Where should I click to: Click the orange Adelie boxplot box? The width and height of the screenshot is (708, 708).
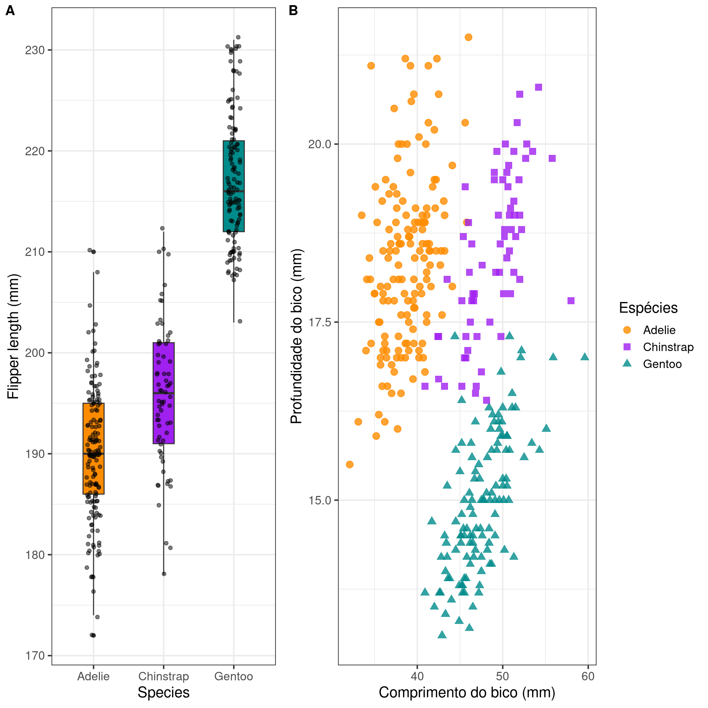[93, 448]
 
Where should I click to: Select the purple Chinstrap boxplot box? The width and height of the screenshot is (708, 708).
[163, 393]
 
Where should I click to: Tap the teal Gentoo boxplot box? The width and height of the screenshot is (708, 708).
[233, 186]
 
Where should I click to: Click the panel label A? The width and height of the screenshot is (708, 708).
[10, 11]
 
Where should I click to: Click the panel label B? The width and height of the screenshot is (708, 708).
[293, 11]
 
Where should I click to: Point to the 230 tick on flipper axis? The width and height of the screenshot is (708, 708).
[35, 50]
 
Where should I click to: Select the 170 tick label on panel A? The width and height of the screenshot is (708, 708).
[35, 656]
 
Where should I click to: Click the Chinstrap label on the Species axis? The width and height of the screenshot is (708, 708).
[163, 676]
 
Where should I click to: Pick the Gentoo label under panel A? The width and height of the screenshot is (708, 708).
[233, 676]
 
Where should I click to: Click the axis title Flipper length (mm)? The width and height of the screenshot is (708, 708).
[13, 336]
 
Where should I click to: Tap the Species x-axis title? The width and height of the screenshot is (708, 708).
[163, 693]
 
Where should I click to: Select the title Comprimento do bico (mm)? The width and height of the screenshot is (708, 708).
[467, 693]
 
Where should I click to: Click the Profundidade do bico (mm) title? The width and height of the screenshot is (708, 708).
[296, 336]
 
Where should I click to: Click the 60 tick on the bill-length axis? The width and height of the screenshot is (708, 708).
[588, 676]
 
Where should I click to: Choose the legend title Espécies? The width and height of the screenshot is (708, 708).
[648, 308]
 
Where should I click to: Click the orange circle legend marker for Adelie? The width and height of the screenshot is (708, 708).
[627, 330]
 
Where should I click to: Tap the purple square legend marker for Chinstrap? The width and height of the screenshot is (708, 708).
[627, 347]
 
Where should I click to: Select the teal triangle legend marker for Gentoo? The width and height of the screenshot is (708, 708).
[627, 364]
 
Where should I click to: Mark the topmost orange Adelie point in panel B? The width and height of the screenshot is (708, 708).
[468, 37]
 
